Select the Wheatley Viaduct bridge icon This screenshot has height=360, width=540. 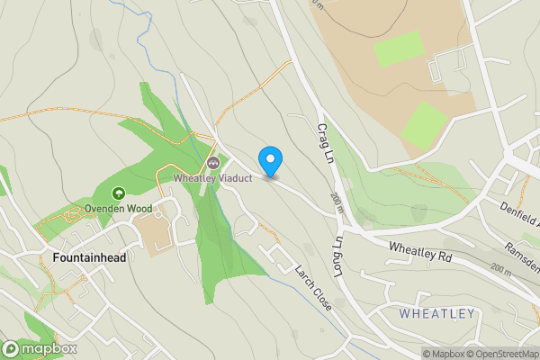click(x=213, y=162)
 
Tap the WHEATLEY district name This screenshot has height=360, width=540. click(x=436, y=313)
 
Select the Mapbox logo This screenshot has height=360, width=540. click(x=39, y=348)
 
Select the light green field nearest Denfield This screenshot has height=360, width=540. click(x=424, y=126)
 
